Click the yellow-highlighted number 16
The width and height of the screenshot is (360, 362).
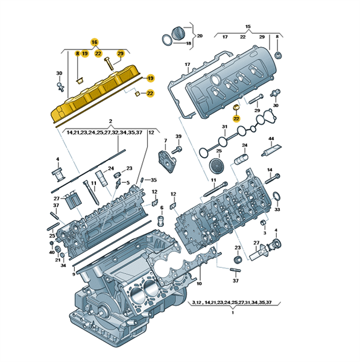(x=95, y=42)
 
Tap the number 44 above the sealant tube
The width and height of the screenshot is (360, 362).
(x=271, y=139)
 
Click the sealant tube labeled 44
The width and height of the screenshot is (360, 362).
(x=271, y=150)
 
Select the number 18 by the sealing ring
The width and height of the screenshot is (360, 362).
(x=189, y=43)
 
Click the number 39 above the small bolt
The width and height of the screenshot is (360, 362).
(x=178, y=136)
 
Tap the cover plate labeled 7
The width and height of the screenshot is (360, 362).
(x=167, y=161)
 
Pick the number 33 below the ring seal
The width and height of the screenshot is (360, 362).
(x=277, y=209)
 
